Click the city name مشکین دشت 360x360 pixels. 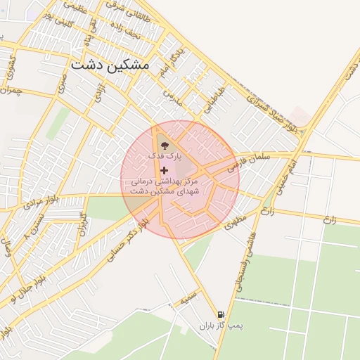point(110,64)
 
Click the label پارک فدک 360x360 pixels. point(164,154)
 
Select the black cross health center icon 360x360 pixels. point(164,170)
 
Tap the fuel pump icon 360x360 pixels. point(221,315)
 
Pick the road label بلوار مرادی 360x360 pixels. point(34,202)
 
